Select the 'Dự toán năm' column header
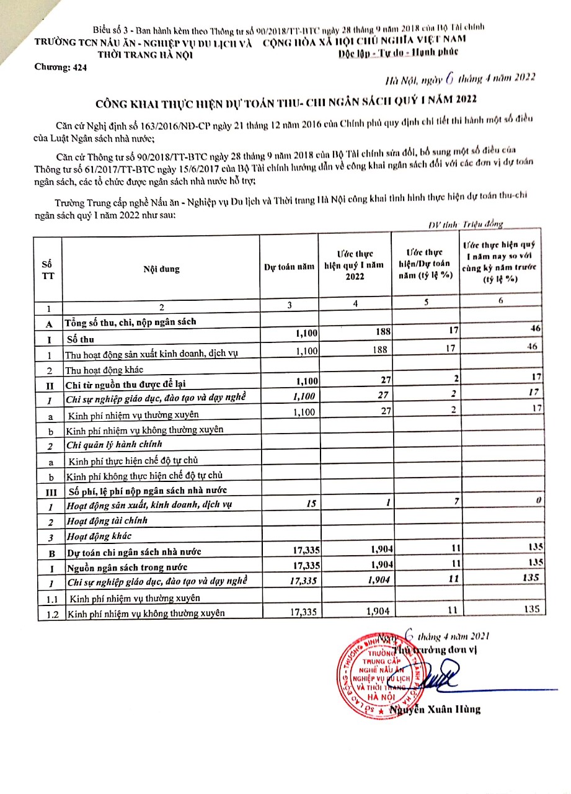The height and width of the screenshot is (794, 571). (x=289, y=267)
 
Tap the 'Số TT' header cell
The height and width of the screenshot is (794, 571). (x=47, y=270)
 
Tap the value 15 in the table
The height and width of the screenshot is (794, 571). (x=311, y=504)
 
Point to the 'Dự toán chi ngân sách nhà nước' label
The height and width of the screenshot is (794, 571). (x=134, y=551)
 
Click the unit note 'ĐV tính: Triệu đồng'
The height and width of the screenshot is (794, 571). (x=466, y=225)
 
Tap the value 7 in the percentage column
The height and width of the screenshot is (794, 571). (x=456, y=501)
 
